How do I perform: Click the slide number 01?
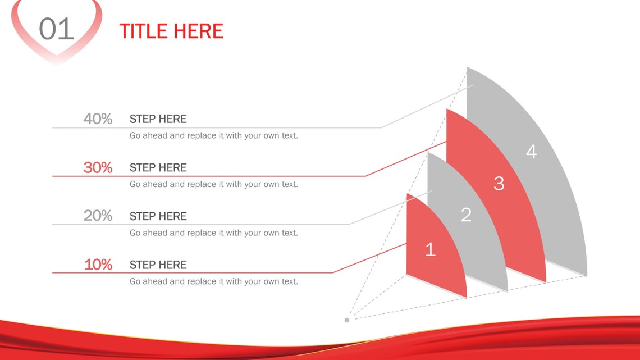(56, 29)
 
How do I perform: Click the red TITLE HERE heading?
(171, 31)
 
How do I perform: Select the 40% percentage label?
(98, 119)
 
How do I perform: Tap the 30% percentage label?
(98, 167)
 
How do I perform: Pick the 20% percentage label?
(98, 216)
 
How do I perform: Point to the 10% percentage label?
(98, 265)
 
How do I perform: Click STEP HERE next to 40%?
(158, 119)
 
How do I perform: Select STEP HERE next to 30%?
(158, 167)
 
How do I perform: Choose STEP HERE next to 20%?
(158, 216)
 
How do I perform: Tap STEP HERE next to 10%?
(158, 265)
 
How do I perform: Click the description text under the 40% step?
(213, 135)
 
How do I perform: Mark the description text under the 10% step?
(213, 281)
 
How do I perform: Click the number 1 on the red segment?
(430, 249)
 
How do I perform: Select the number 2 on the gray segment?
(466, 215)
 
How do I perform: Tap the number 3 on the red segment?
(499, 183)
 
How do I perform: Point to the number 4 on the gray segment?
(531, 152)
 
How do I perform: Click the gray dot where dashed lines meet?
(347, 320)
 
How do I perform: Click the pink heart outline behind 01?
(22, 34)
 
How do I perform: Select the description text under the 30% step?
(213, 184)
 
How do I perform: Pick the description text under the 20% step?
(213, 233)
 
